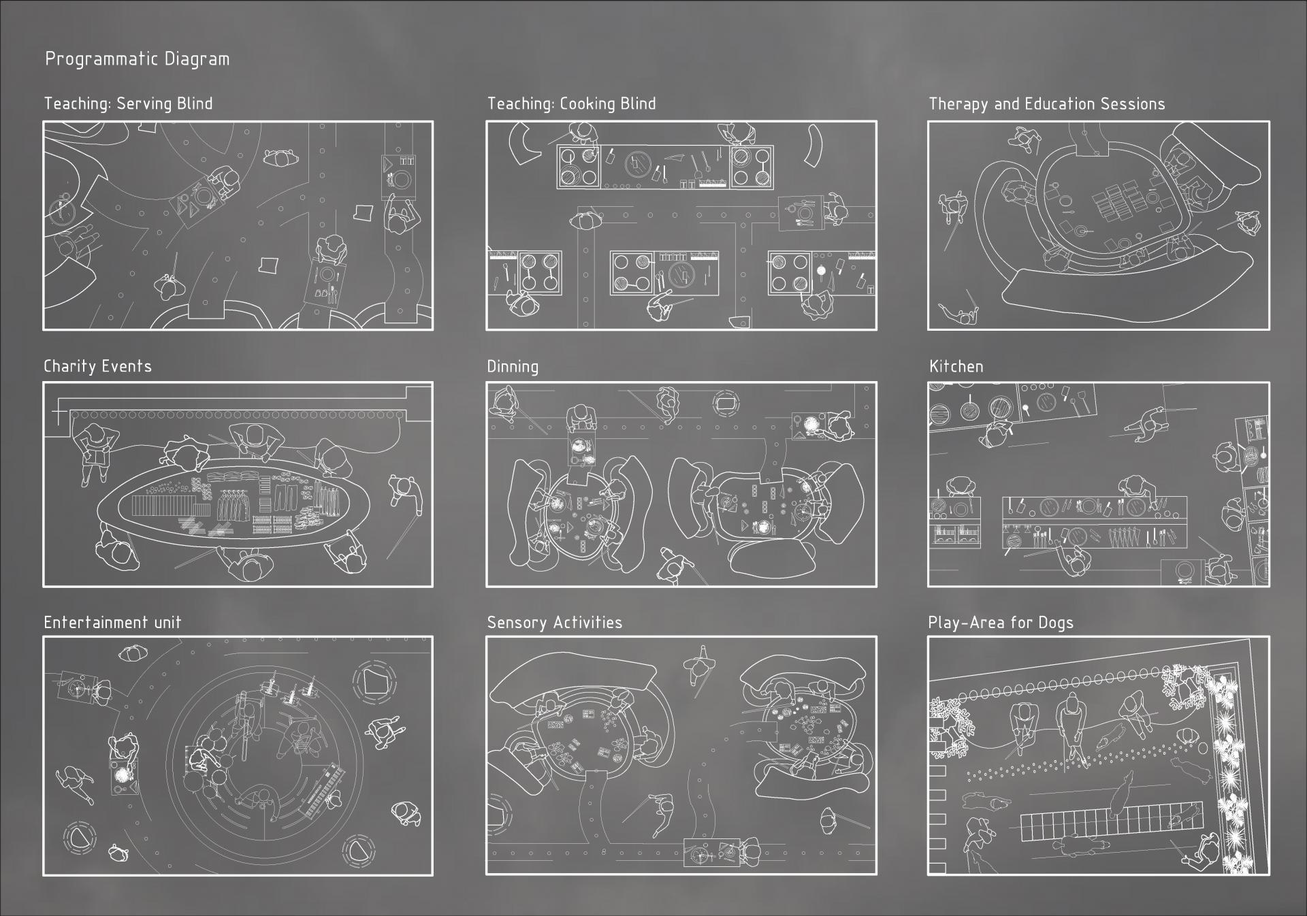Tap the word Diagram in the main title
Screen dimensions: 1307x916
(197, 59)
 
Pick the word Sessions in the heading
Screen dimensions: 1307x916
(1133, 104)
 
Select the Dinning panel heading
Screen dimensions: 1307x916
(513, 367)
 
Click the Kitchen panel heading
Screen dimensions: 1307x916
(956, 366)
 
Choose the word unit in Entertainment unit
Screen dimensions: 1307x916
(167, 623)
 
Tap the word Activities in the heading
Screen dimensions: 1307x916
(588, 622)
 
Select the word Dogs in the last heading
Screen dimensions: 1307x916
(1055, 623)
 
